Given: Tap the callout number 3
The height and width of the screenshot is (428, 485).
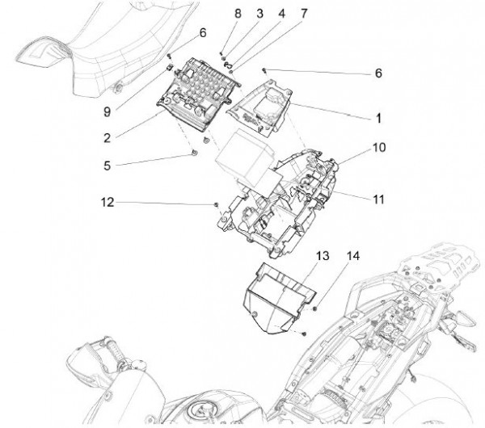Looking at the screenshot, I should [x=237, y=15].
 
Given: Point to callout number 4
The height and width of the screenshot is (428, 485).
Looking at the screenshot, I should [x=259, y=15].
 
